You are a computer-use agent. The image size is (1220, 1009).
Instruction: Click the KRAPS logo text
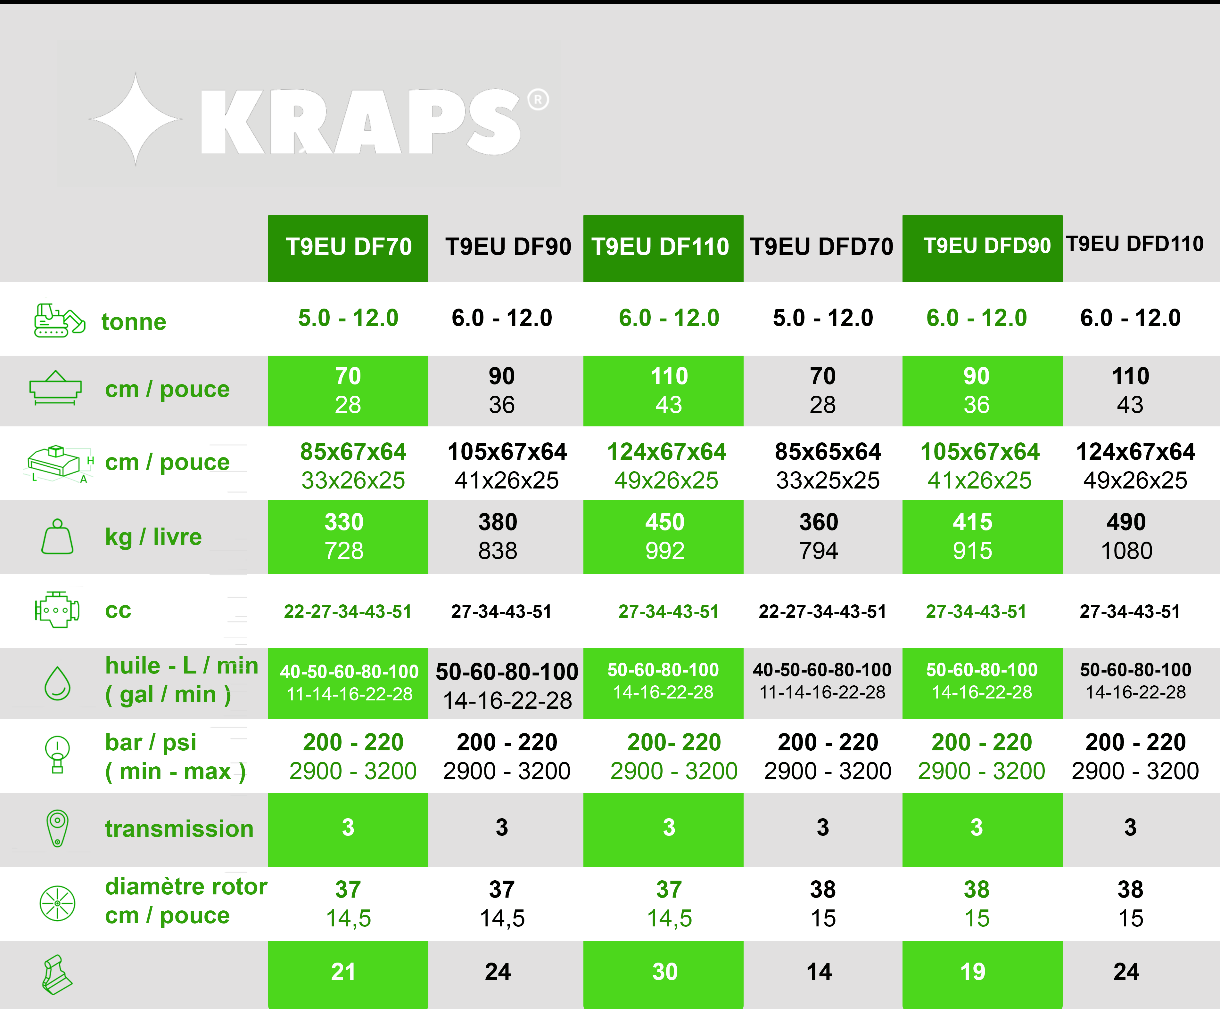[360, 122]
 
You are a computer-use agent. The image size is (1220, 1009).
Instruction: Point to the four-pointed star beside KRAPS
[136, 119]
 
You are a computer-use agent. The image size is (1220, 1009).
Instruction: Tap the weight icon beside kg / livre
[57, 537]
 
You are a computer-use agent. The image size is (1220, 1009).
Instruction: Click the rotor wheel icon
[57, 903]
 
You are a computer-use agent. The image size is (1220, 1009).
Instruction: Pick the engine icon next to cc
[57, 609]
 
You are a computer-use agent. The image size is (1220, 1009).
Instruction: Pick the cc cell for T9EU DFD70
[822, 611]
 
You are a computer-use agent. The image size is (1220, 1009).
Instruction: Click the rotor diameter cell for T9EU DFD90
[977, 903]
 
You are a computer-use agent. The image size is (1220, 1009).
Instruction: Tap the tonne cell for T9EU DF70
[348, 318]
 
